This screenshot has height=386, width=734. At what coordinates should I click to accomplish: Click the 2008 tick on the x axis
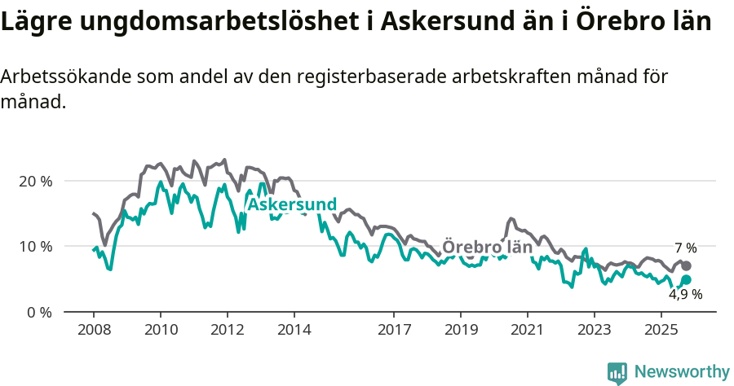point(94,331)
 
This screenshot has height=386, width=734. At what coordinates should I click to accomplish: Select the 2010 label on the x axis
point(161,331)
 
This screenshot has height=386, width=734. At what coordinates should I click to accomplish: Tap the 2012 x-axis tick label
point(228,331)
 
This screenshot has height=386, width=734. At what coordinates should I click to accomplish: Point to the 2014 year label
point(294,331)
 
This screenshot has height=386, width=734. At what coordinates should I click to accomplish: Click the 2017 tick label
point(394,331)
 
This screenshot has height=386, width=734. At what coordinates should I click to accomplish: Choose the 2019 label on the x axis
point(461,331)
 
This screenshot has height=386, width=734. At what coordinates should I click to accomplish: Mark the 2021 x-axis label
point(528,331)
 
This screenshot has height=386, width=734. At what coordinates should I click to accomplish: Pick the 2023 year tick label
point(595,331)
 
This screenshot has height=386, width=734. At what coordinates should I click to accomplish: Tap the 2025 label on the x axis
point(661,331)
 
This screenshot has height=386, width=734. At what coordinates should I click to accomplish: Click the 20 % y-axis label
point(36,181)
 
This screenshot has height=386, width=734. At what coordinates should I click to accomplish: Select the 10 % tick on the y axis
point(36,246)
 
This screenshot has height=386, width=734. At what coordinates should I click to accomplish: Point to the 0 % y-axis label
point(39,312)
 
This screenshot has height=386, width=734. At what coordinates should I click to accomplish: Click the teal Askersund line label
point(292,204)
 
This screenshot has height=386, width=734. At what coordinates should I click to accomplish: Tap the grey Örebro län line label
point(487,247)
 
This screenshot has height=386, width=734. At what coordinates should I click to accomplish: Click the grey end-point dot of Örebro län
point(687,266)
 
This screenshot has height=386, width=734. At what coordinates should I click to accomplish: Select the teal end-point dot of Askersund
point(687,280)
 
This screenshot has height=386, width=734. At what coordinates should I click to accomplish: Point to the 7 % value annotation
point(685,248)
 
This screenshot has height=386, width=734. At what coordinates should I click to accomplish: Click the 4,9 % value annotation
point(685,295)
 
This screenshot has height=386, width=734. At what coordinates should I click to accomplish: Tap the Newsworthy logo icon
point(617,372)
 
